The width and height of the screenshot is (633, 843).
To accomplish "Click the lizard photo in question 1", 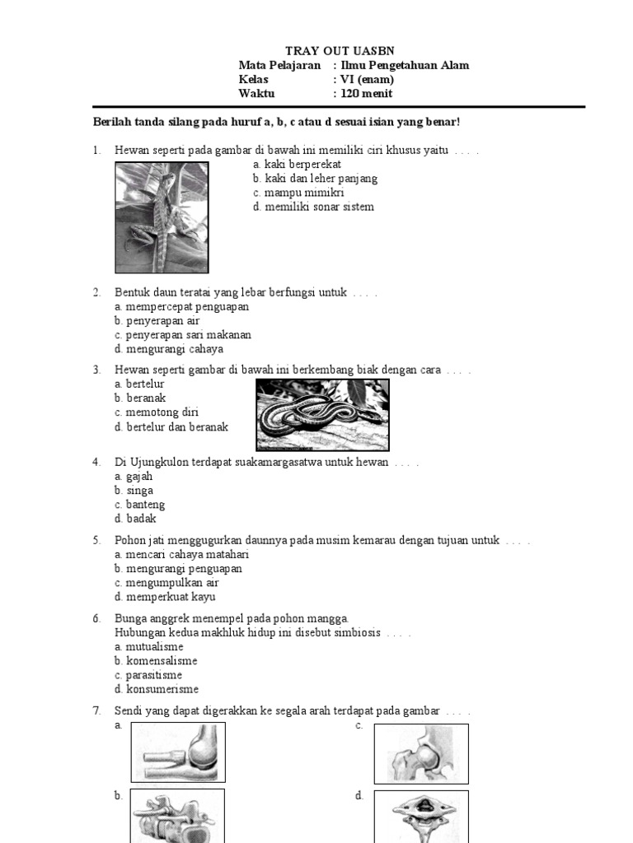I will pyautogui.click(x=162, y=217).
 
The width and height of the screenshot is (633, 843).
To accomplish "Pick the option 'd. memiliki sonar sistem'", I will pyautogui.click(x=313, y=207).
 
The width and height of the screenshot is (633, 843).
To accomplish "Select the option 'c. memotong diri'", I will pyautogui.click(x=157, y=412).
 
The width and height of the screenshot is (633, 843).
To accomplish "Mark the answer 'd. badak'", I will pyautogui.click(x=135, y=519).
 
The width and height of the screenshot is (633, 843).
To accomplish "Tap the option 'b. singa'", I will pyautogui.click(x=134, y=491).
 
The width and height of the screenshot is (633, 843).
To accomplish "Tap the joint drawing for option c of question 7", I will pyautogui.click(x=421, y=752).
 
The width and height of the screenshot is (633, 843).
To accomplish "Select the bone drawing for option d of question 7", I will pyautogui.click(x=421, y=816).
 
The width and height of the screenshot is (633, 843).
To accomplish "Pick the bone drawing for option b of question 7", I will pyautogui.click(x=178, y=816).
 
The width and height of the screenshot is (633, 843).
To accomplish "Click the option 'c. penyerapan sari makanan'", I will pyautogui.click(x=183, y=335).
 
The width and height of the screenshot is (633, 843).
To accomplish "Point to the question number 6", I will pyautogui.click(x=96, y=618).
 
